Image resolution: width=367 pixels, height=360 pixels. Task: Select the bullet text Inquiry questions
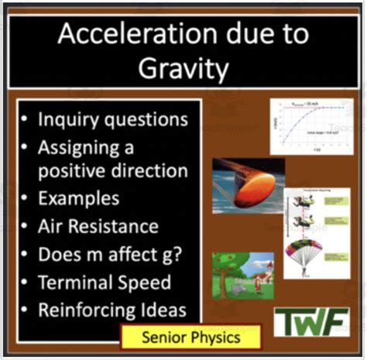pos(113,119)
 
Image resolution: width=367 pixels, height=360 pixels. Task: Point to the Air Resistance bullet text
pos(99,226)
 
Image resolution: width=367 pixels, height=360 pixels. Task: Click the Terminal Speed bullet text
pos(105,282)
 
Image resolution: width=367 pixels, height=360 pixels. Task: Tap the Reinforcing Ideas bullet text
pos(113,310)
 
